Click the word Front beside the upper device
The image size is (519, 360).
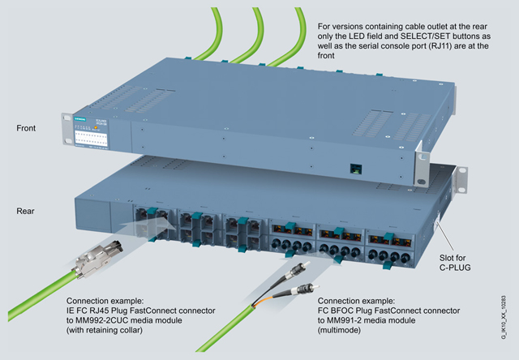(x=28, y=128)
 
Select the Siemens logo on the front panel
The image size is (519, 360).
(x=79, y=120)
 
